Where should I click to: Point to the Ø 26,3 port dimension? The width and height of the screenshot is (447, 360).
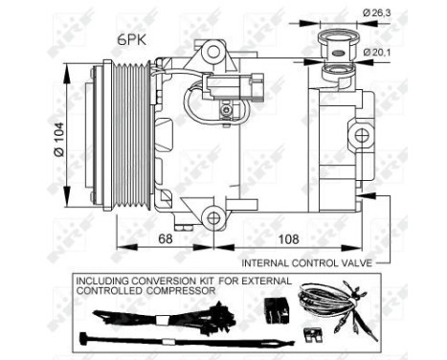[x=377, y=12]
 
